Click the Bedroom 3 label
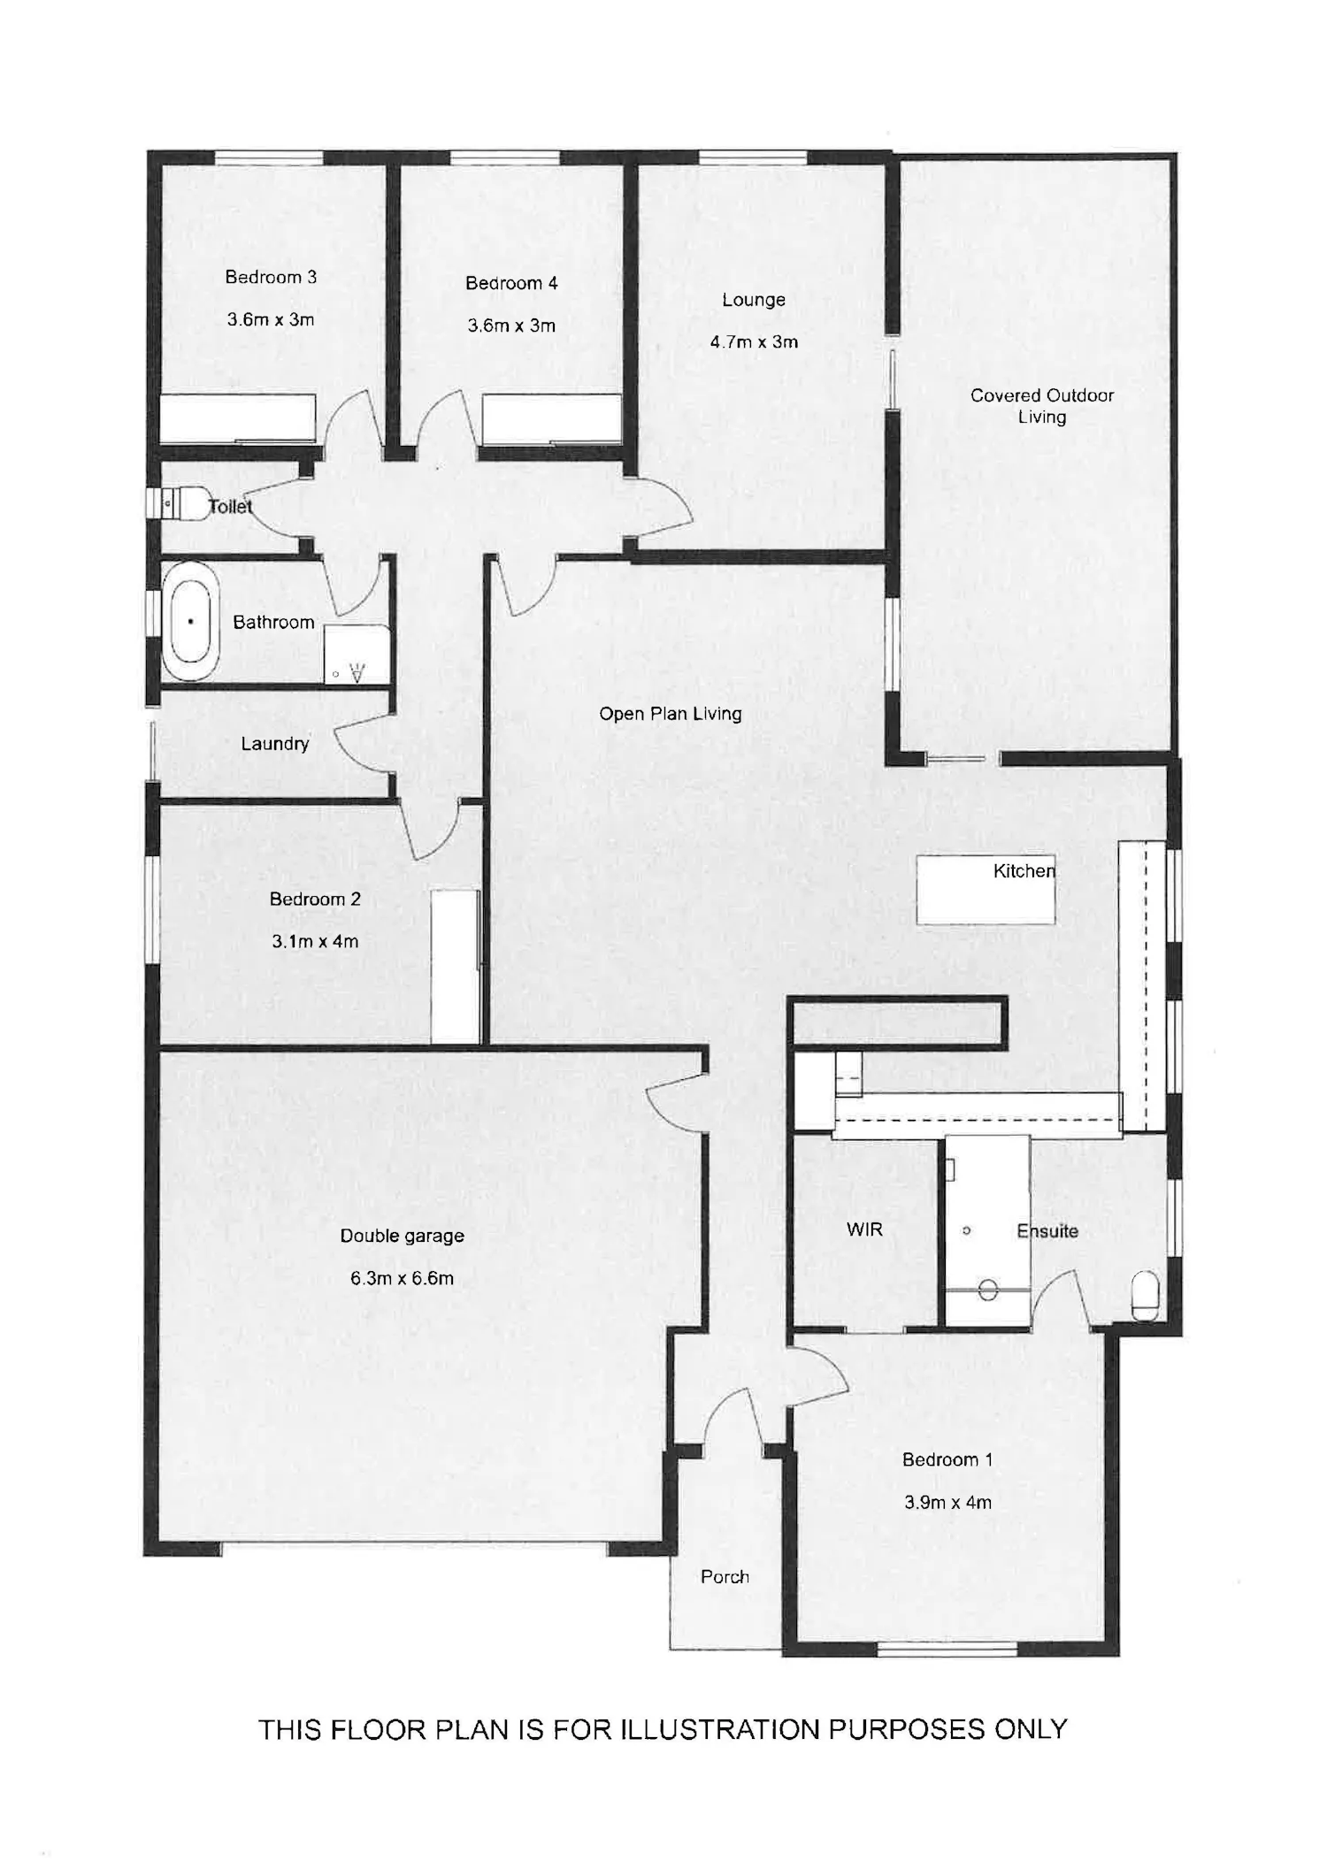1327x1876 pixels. tap(271, 277)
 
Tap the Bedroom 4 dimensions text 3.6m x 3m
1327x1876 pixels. tap(511, 325)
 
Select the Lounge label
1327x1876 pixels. tap(754, 300)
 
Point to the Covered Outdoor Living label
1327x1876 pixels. tap(1042, 406)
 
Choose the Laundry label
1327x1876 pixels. tap(275, 744)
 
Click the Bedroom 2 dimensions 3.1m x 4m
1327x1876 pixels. tap(315, 941)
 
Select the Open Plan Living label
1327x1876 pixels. tap(671, 714)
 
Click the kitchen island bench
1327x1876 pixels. tap(986, 890)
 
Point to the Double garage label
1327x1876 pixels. tap(403, 1236)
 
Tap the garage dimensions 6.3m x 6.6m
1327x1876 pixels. tap(403, 1278)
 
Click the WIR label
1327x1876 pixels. tap(864, 1229)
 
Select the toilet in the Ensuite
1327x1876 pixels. tap(1145, 1296)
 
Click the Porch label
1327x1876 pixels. tap(725, 1576)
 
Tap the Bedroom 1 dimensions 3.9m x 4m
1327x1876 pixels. tap(947, 1502)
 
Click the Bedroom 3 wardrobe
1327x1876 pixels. tap(237, 418)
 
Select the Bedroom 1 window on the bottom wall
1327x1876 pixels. tap(947, 1648)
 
